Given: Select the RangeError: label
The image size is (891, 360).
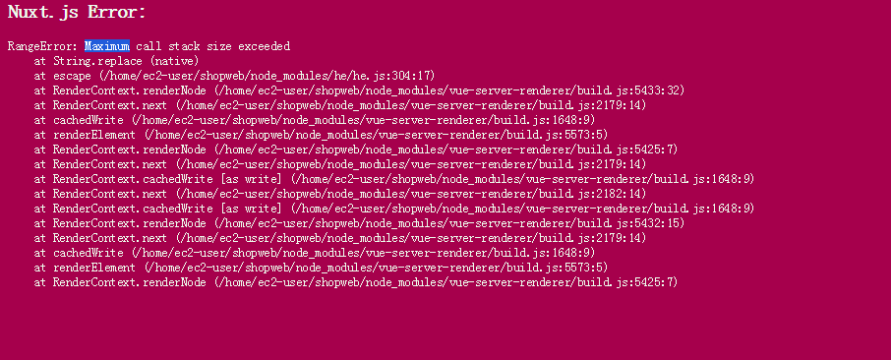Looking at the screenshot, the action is tap(42, 46).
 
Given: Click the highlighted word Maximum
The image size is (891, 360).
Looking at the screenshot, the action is tap(106, 46).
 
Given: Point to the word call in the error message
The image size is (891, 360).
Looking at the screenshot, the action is tap(148, 46).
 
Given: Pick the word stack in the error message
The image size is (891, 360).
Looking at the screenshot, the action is tap(186, 46).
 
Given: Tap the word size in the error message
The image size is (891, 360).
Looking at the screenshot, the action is tap(224, 46).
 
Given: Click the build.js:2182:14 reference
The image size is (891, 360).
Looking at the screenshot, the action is tap(589, 194).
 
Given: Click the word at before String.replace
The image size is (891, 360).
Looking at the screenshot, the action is tap(39, 61).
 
